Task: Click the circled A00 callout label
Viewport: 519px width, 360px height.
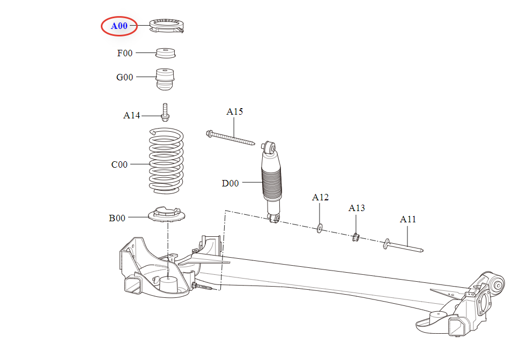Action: (119, 26)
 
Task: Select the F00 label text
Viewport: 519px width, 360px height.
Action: (125, 53)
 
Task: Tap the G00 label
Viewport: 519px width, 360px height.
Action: (125, 77)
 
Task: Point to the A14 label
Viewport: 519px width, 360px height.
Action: (131, 115)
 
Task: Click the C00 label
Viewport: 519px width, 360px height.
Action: (120, 164)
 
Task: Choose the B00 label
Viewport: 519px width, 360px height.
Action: (117, 218)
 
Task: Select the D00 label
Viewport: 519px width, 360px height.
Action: (230, 183)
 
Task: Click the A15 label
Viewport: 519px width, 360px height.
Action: (234, 112)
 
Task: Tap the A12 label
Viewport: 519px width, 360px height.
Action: (320, 197)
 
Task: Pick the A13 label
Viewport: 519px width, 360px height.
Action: (357, 208)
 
